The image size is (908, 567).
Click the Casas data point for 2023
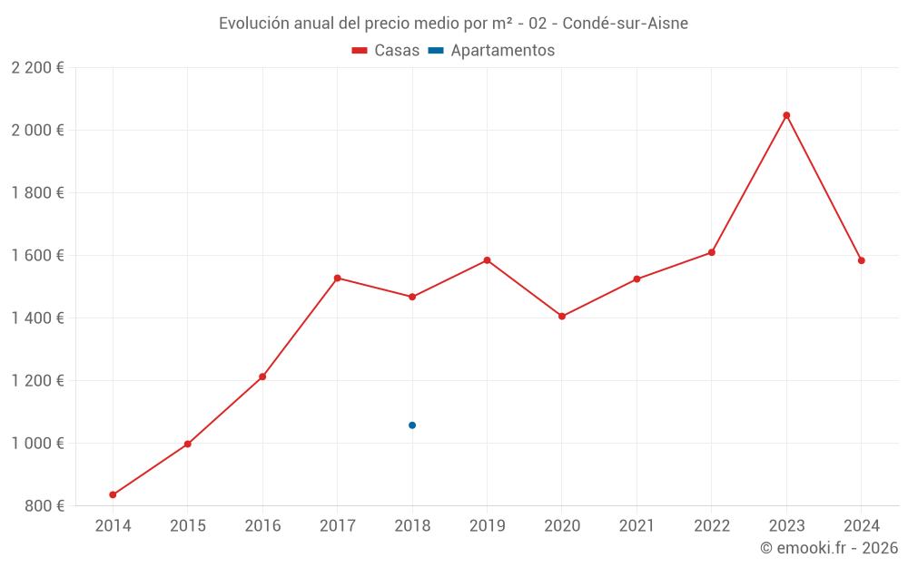(786, 115)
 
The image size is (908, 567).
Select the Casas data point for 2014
(113, 494)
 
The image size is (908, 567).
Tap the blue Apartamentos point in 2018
(412, 425)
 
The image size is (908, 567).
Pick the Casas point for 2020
(562, 317)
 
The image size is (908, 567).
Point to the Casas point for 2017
(338, 278)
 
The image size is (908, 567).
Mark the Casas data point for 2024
(862, 260)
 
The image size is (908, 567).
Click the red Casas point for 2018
(412, 297)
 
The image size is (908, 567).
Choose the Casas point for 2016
(262, 376)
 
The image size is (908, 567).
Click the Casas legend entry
(386, 51)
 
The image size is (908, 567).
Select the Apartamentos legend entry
(491, 51)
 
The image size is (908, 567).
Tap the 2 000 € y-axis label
(37, 130)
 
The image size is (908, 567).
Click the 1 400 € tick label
(37, 318)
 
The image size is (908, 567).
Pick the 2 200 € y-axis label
(37, 68)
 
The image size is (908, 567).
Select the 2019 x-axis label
(487, 526)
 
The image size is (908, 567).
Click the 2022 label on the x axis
(712, 526)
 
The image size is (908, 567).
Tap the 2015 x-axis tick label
(188, 526)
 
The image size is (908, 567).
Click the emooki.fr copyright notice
(829, 548)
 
